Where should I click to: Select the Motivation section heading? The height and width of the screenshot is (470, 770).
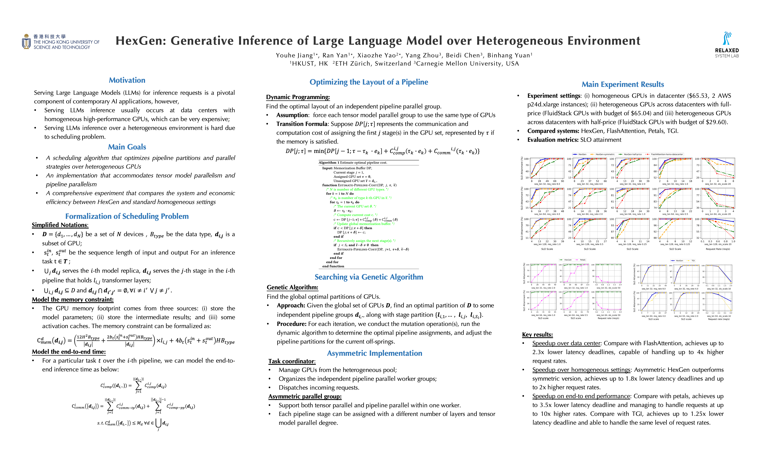coord(127,80)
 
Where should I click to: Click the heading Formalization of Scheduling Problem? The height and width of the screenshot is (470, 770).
coord(127,216)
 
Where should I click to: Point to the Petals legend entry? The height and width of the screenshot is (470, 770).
coord(582,260)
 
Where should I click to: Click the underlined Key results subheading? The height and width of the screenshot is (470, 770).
coord(537,335)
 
